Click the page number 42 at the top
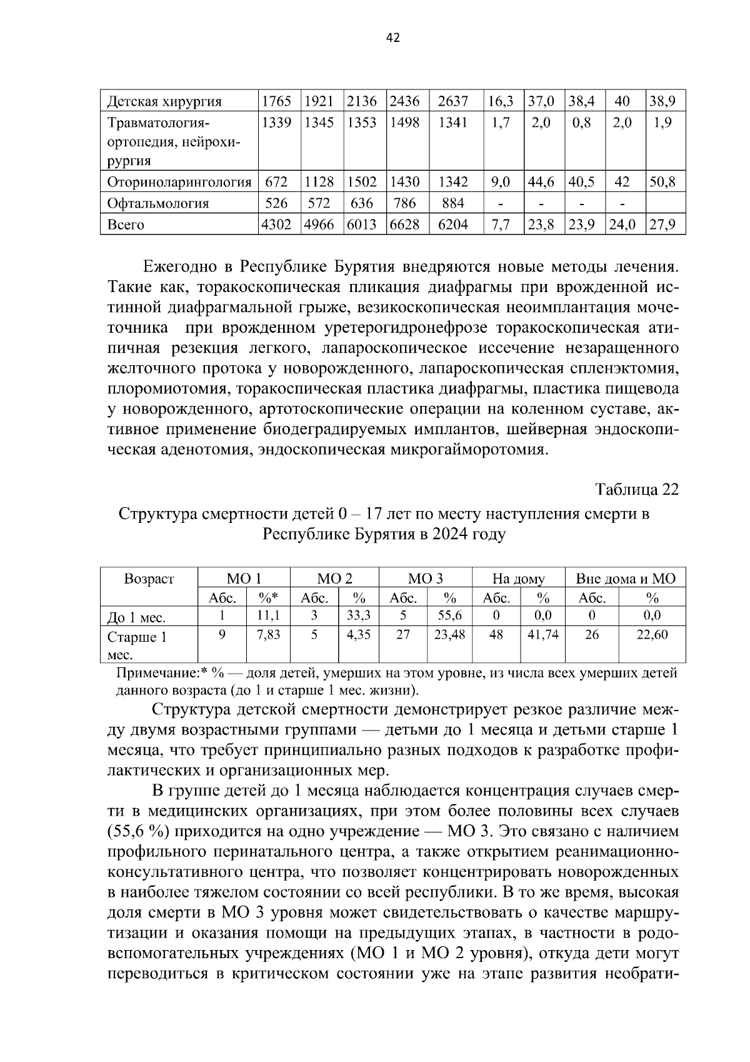pos(393,38)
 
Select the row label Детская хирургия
pos(164,101)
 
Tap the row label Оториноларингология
pos(179,183)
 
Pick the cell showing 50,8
pos(665,183)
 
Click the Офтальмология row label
pos(158,203)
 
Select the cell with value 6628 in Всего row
pos(404,225)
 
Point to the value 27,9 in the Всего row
pos(665,225)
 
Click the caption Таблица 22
pos(636,489)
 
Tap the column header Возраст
pos(149,579)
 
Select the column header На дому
pos(518,579)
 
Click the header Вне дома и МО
pos(625,579)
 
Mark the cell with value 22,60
pos(652,635)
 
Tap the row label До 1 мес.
pos(136,618)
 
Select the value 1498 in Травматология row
pos(404,123)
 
